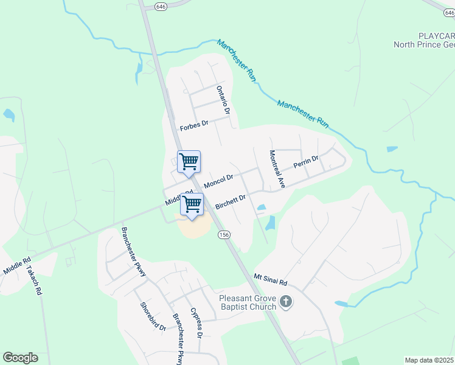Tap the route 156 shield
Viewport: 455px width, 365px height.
(x=224, y=235)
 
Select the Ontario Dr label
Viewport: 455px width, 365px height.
(x=223, y=100)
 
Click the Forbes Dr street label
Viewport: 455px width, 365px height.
(x=194, y=127)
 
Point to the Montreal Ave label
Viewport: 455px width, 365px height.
(x=277, y=169)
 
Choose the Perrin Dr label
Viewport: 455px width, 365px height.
(x=306, y=162)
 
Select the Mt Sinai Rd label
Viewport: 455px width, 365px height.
(x=270, y=280)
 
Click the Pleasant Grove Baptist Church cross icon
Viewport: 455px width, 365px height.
(x=287, y=301)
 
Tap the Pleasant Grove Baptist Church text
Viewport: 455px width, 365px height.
(x=248, y=302)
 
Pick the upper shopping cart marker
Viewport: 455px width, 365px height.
(x=189, y=162)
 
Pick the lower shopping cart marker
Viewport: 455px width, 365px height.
(x=192, y=205)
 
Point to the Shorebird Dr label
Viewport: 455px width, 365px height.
(x=153, y=317)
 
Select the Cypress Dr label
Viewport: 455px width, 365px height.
(x=196, y=322)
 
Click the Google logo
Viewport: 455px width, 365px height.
(x=20, y=358)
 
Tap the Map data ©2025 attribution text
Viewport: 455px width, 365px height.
(x=429, y=360)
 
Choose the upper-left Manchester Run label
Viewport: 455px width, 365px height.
(x=235, y=61)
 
